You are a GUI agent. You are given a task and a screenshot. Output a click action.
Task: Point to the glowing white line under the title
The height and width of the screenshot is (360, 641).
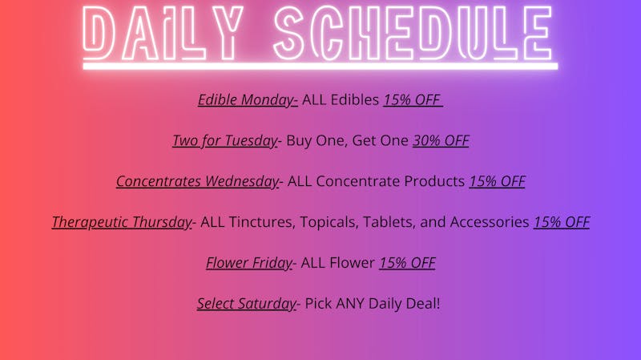point(320,67)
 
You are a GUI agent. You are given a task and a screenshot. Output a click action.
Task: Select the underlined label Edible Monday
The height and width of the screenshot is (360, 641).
point(248,100)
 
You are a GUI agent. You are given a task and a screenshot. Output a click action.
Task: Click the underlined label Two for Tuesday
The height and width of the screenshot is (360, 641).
point(224,141)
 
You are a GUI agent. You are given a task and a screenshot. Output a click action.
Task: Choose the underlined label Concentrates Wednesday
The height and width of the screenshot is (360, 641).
point(197,181)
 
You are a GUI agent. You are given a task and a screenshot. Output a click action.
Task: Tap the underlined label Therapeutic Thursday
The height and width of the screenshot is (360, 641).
point(122,222)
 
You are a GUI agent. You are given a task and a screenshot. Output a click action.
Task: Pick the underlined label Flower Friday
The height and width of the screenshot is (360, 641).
point(249,263)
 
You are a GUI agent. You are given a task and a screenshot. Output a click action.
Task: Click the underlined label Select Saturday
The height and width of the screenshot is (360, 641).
point(247,304)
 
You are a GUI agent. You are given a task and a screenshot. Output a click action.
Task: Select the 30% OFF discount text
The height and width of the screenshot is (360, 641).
point(441,141)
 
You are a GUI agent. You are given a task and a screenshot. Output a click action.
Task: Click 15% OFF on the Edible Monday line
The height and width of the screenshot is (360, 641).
point(411,100)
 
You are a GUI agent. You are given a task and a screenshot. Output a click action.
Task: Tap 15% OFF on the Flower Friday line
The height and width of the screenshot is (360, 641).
point(407,263)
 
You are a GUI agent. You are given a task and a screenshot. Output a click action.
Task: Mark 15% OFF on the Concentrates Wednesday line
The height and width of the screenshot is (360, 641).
point(497,181)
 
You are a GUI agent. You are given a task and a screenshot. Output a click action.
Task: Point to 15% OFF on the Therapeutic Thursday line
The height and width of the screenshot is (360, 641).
point(562,222)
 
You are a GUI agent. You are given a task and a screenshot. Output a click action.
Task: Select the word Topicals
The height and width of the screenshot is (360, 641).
point(329,222)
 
